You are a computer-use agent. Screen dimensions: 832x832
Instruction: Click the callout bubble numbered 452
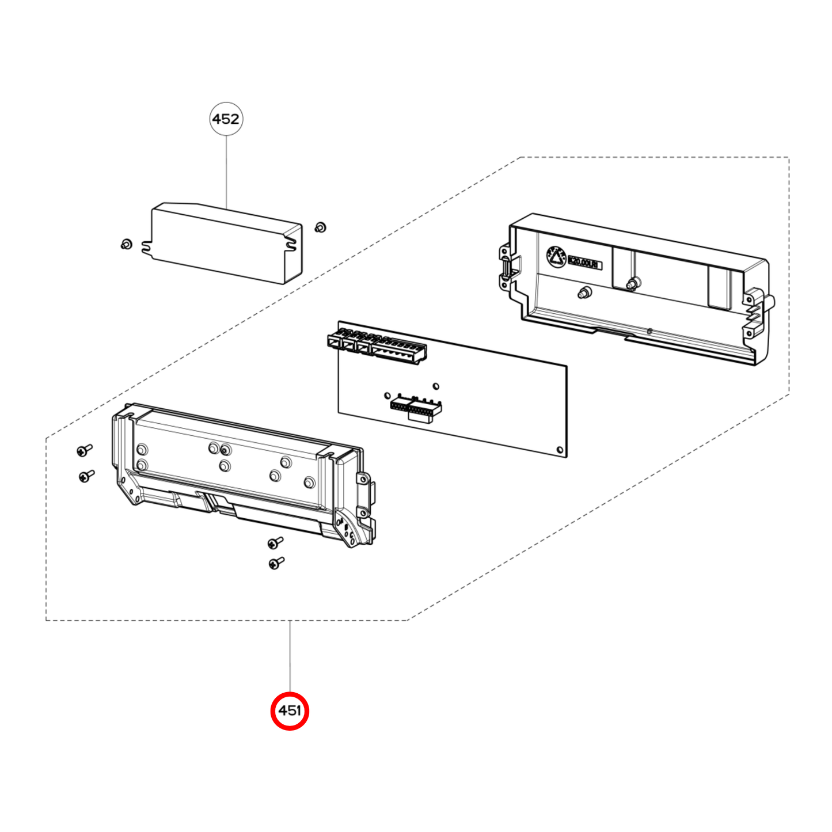click(226, 119)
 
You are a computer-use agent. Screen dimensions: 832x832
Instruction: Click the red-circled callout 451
click(290, 711)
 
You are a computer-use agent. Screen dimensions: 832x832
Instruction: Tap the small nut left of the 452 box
click(127, 244)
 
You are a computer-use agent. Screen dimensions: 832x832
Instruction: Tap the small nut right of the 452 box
click(321, 227)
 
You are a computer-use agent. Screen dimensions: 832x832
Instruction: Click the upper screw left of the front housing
click(85, 450)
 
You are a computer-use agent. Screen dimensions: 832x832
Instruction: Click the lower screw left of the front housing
click(86, 476)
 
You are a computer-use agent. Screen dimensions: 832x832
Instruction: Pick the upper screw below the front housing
click(275, 542)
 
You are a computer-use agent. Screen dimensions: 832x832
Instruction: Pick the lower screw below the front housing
click(276, 563)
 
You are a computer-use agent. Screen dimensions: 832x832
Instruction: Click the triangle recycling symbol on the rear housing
click(556, 257)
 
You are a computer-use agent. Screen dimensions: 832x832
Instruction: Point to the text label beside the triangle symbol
click(584, 264)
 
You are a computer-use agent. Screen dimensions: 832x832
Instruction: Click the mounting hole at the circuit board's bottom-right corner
click(560, 450)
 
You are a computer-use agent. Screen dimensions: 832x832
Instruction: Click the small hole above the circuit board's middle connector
click(436, 386)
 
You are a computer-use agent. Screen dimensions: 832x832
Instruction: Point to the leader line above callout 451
click(290, 656)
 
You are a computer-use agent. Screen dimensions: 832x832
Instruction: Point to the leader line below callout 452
click(226, 170)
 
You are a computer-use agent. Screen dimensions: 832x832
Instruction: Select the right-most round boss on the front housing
click(309, 483)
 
